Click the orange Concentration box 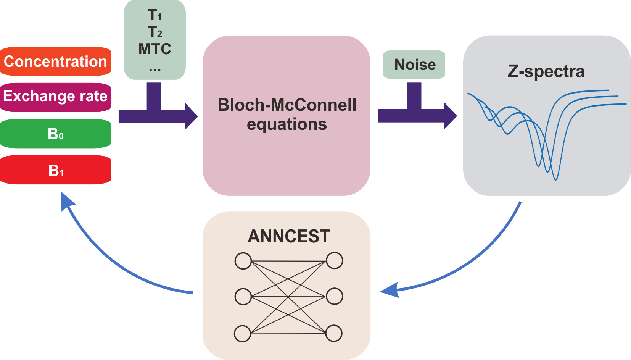pyautogui.click(x=55, y=61)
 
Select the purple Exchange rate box pyautogui.click(x=55, y=96)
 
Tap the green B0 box pyautogui.click(x=55, y=134)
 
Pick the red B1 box pyautogui.click(x=55, y=170)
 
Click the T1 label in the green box pyautogui.click(x=155, y=15)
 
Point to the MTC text pyautogui.click(x=155, y=49)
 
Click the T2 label pyautogui.click(x=155, y=32)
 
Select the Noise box pyautogui.click(x=414, y=65)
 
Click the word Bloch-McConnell pyautogui.click(x=287, y=105)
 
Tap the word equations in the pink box pyautogui.click(x=287, y=124)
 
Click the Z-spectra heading pyautogui.click(x=546, y=71)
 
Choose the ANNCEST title pyautogui.click(x=288, y=236)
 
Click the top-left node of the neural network pyautogui.click(x=243, y=261)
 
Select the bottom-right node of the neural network pyautogui.click(x=334, y=333)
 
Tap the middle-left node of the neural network pyautogui.click(x=243, y=297)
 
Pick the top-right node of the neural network pyautogui.click(x=335, y=261)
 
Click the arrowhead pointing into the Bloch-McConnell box pyautogui.click(x=191, y=116)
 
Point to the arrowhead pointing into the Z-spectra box pyautogui.click(x=450, y=116)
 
